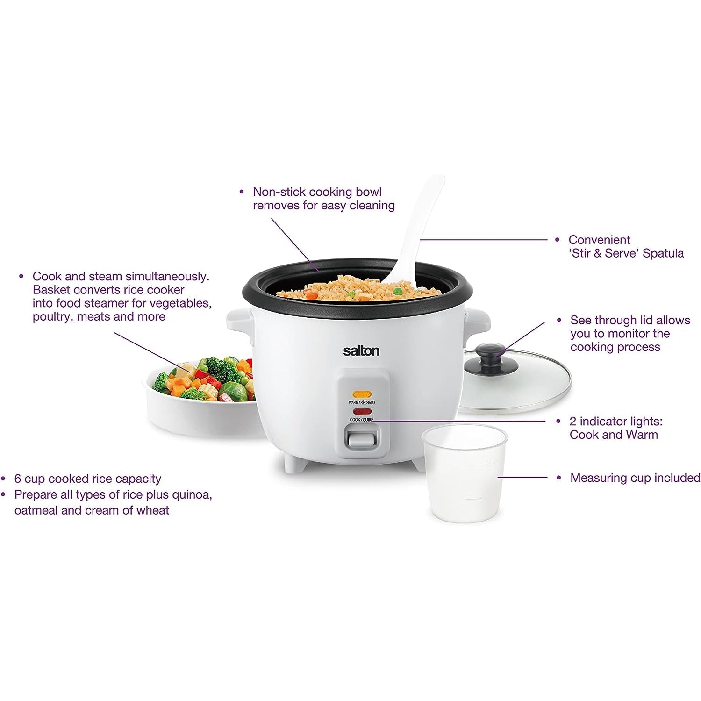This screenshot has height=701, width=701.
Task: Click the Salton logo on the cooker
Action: click(x=361, y=350)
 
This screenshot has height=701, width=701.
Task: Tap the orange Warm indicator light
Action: click(x=362, y=394)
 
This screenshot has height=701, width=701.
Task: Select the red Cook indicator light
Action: click(x=362, y=412)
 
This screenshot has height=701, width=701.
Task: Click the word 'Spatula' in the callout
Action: click(x=663, y=254)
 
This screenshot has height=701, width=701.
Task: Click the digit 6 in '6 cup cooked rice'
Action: click(x=18, y=479)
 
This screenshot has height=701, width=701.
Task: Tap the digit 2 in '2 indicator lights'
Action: click(x=573, y=421)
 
